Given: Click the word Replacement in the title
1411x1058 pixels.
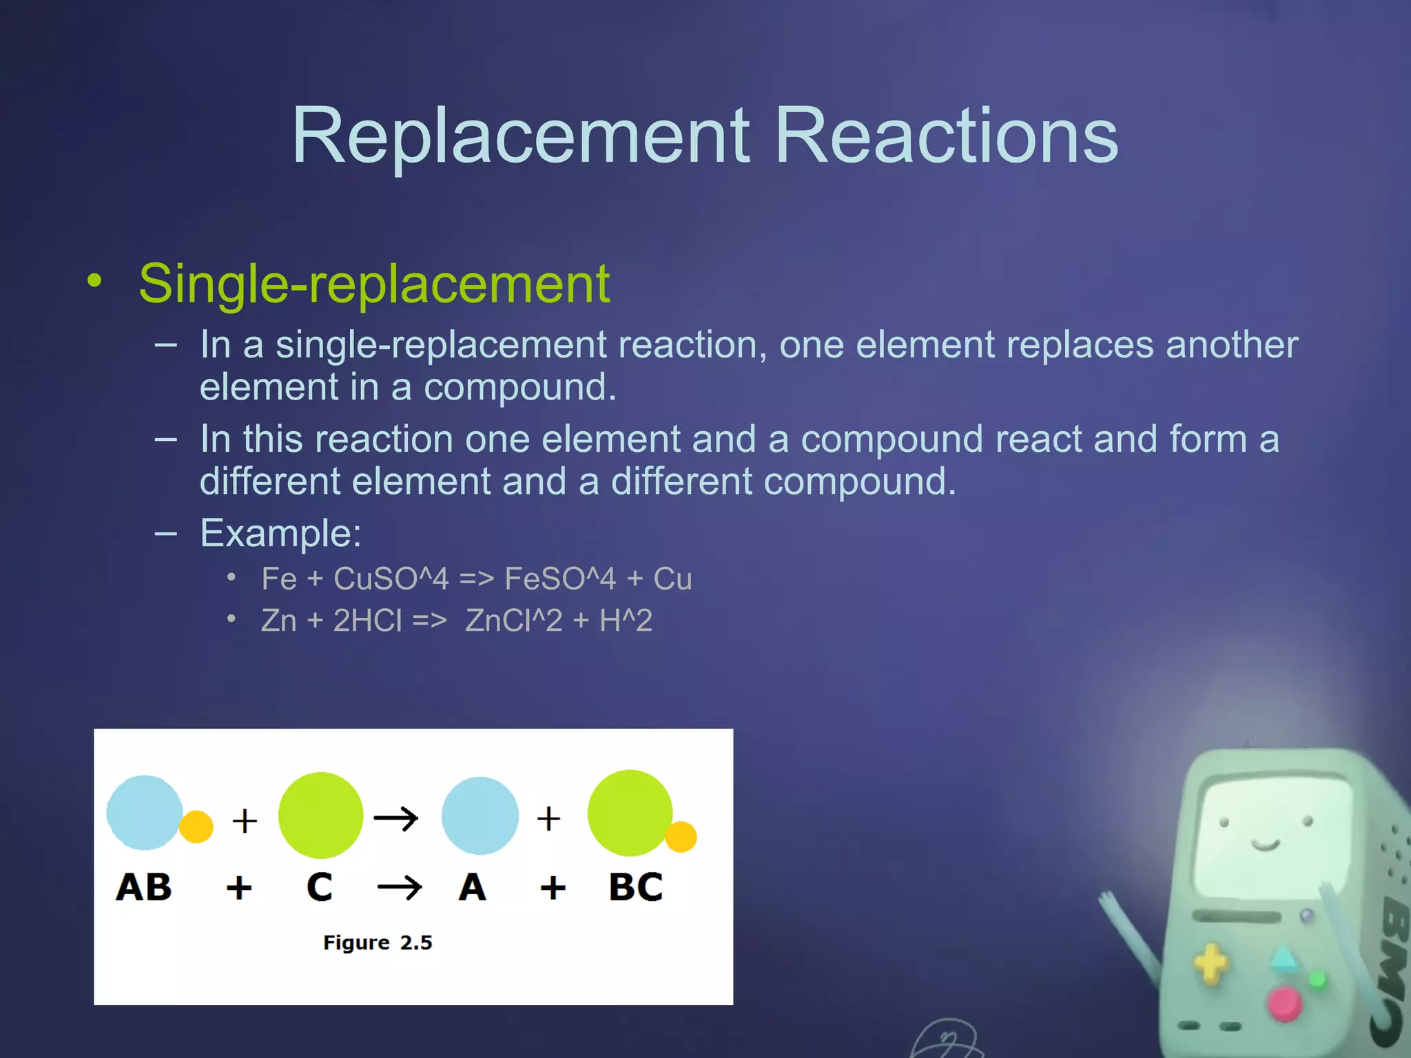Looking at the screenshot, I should coord(520,136).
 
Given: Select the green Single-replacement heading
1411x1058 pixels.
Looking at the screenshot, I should coord(374,283).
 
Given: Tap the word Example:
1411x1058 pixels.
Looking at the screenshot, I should coord(280,533).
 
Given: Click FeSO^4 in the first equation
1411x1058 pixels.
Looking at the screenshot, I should coord(559,579).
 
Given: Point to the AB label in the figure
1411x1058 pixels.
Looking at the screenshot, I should coord(143,887).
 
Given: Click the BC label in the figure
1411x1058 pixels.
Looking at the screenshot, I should coord(635,887).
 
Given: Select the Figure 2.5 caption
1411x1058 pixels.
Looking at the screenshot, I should coord(378,942).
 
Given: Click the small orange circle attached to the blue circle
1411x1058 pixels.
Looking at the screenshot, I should coord(196,827).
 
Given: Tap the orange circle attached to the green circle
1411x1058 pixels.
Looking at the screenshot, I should coord(681,837).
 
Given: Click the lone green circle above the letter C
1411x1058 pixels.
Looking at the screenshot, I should coord(320,816).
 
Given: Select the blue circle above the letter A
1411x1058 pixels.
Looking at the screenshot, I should coord(480,816).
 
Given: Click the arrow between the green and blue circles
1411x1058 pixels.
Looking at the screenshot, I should coord(396,819).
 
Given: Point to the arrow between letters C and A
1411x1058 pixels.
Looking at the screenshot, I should coord(400,887).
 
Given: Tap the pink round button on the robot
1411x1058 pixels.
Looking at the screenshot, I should coord(1284,1003).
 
